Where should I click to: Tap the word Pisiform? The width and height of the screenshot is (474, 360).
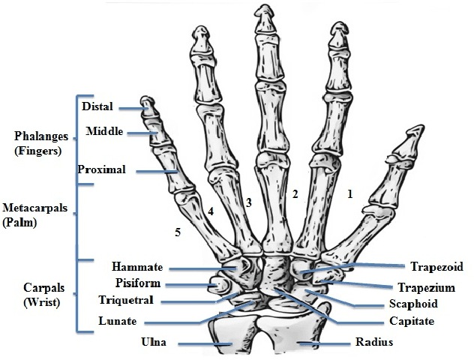(x=136, y=283)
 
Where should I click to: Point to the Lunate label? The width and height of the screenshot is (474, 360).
(x=117, y=321)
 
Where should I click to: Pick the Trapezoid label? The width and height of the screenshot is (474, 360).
(x=436, y=267)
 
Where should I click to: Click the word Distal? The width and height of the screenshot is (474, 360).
(x=97, y=107)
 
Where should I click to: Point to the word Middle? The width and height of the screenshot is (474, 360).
(x=105, y=133)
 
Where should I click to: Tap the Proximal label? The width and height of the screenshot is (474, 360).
(x=101, y=169)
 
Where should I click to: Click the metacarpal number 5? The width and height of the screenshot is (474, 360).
(x=178, y=232)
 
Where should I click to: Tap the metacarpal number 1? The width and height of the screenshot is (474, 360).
(x=349, y=193)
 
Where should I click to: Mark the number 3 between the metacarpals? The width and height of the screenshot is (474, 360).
(x=248, y=202)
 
